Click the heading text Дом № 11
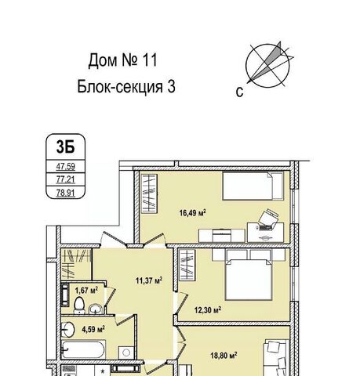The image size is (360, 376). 123,60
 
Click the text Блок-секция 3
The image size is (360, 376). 126,87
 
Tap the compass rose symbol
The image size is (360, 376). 268,65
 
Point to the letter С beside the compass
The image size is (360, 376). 239,92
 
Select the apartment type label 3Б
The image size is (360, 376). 65,146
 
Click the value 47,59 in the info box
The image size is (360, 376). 66,166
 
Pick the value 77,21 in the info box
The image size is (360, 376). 66,179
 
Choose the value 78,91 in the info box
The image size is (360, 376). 66,193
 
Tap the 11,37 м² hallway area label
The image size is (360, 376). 149,280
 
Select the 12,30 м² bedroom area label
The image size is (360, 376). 208,310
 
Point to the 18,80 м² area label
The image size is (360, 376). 224,356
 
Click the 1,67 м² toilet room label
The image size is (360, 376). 86,290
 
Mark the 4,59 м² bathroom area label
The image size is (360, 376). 93,329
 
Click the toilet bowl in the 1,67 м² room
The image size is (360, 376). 79,305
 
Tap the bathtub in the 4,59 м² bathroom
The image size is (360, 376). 84,349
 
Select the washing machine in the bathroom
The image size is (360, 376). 126,353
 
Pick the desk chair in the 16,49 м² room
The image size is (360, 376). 268,218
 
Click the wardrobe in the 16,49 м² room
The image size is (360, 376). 149,193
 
